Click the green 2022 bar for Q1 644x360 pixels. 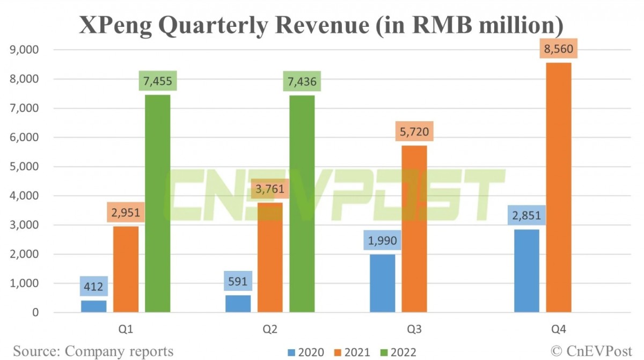pos(158,203)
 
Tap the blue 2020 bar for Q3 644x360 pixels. pos(383,283)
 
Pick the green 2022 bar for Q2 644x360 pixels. pos(302,203)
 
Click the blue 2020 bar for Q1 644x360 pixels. pos(94,306)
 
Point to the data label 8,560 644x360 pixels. pos(559,50)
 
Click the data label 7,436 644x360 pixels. pos(302,82)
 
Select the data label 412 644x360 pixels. pos(94,286)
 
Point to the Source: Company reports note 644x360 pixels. pos(93,351)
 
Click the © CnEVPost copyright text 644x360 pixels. pos(593,351)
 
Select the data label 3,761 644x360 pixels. pos(270,189)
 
